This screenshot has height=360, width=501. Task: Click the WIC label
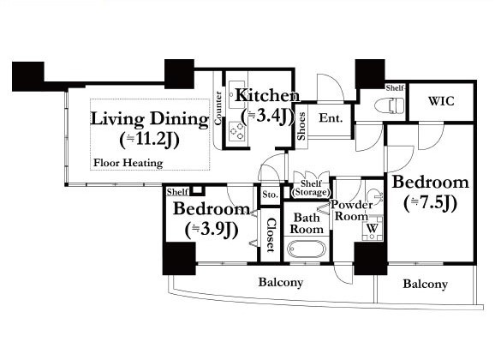[441, 101]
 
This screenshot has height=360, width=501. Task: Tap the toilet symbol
[389, 105]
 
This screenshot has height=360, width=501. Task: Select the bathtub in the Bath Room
[307, 249]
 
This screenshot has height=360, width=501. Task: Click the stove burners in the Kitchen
[237, 131]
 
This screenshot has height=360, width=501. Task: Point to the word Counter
[218, 108]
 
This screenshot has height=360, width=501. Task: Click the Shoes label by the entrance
[301, 126]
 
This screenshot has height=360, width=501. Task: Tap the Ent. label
[331, 118]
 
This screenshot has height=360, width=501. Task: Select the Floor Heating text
[128, 163]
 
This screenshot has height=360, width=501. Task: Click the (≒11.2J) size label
[150, 140]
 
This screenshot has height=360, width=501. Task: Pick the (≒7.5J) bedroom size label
[431, 202]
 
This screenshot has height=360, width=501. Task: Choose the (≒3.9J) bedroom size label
[212, 229]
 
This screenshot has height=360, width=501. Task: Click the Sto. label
[271, 195]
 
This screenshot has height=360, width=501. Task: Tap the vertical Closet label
[271, 235]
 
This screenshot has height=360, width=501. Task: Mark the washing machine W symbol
[373, 228]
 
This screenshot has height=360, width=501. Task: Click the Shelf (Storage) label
[311, 188]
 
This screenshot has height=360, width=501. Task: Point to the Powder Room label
[351, 210]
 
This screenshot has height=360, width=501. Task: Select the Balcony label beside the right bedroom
[425, 284]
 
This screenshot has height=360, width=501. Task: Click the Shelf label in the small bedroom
[177, 192]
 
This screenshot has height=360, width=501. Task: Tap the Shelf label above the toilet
[396, 87]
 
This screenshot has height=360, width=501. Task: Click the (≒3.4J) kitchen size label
[267, 116]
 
